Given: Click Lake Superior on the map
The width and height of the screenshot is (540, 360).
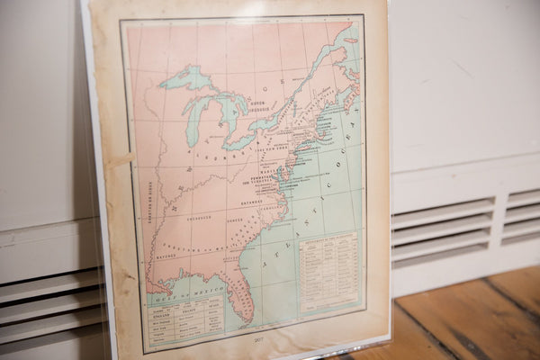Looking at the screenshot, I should click(186, 78).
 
